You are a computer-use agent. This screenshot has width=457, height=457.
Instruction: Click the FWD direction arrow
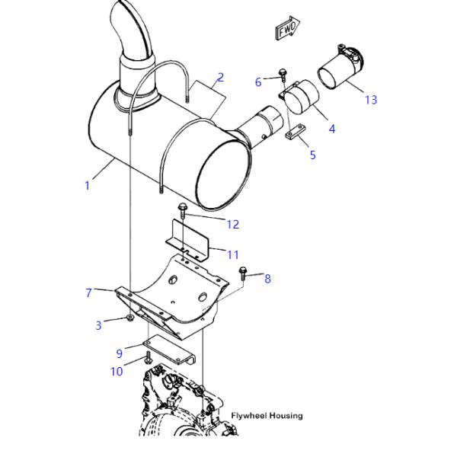[x=288, y=28]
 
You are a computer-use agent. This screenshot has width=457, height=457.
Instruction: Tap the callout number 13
[x=371, y=100]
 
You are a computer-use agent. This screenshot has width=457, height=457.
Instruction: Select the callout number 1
[x=87, y=185]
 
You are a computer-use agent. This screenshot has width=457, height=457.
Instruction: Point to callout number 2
[x=221, y=77]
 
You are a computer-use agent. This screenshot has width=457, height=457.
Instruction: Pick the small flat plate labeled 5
[x=295, y=132]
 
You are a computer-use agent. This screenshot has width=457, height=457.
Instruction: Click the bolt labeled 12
[x=182, y=210]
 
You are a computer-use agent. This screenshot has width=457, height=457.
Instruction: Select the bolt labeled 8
[x=243, y=273]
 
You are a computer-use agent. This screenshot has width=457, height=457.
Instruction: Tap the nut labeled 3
[x=130, y=318]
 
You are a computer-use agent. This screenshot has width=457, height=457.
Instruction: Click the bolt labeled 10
[x=148, y=357]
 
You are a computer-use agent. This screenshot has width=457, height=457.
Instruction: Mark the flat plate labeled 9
[x=169, y=349]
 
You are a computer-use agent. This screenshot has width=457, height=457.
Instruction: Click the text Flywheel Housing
[x=267, y=415]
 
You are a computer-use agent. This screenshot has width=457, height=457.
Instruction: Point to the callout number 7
[x=89, y=292]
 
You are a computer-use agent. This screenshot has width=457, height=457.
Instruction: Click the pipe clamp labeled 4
[x=299, y=96]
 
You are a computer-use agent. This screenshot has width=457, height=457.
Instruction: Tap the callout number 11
[x=233, y=254]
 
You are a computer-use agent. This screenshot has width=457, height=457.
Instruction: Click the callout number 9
[x=120, y=353]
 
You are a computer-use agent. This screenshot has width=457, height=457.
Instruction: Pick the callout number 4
[x=332, y=129]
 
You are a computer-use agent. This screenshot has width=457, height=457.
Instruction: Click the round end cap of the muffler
[x=223, y=174]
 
